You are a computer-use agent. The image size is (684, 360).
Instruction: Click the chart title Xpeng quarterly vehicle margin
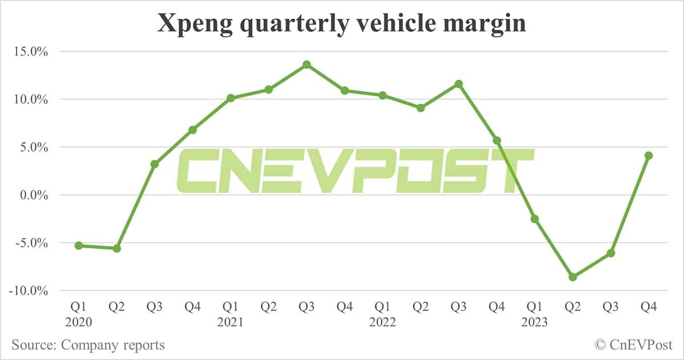(x=341, y=24)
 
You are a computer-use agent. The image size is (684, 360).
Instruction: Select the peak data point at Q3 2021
(x=307, y=64)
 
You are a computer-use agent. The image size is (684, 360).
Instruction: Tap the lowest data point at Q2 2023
(x=573, y=277)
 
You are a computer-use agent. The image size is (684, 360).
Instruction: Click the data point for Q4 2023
(x=649, y=156)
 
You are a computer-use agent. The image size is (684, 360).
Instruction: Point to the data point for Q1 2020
(x=79, y=246)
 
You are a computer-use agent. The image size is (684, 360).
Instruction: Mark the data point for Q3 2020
(x=154, y=164)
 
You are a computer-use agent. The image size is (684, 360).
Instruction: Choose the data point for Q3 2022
(x=459, y=84)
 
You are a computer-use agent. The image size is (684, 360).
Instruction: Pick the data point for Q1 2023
(x=535, y=219)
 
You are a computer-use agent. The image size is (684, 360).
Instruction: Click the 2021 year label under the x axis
(x=231, y=322)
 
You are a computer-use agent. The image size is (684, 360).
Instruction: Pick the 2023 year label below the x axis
(x=535, y=322)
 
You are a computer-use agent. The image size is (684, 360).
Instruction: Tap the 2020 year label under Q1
(x=79, y=322)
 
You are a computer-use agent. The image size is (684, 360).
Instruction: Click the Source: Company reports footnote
(x=88, y=345)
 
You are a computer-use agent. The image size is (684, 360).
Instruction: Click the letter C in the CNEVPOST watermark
(x=197, y=170)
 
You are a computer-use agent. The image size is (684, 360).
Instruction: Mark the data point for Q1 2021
(x=231, y=98)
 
